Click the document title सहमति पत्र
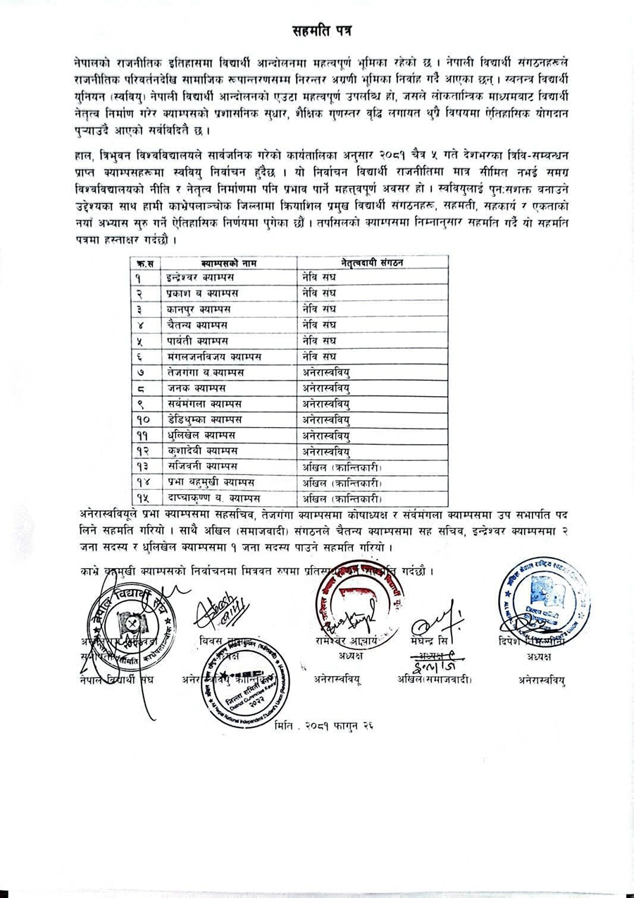tap(323, 31)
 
